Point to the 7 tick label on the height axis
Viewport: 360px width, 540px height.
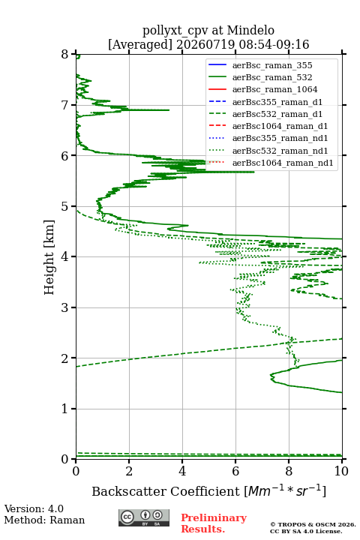[x=65, y=105]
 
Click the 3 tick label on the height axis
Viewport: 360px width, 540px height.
[x=65, y=307]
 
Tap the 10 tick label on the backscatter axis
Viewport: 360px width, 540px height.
[x=341, y=471]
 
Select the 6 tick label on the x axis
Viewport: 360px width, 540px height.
[x=235, y=471]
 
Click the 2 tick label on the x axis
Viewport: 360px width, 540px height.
[x=129, y=471]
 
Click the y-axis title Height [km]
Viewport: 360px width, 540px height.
[x=49, y=257]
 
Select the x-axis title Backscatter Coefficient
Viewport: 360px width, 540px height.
[x=166, y=491]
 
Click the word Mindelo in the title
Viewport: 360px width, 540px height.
[x=250, y=30]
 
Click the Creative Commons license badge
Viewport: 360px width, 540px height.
[x=144, y=518]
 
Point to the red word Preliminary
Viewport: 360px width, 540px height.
[x=214, y=518]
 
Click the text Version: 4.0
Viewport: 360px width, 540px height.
[x=34, y=509]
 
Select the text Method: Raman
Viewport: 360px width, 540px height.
[x=44, y=520]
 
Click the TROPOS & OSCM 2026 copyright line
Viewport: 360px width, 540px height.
[x=313, y=524]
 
